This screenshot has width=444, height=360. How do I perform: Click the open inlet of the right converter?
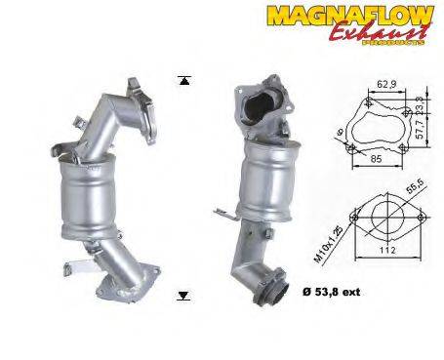click(262, 101)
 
